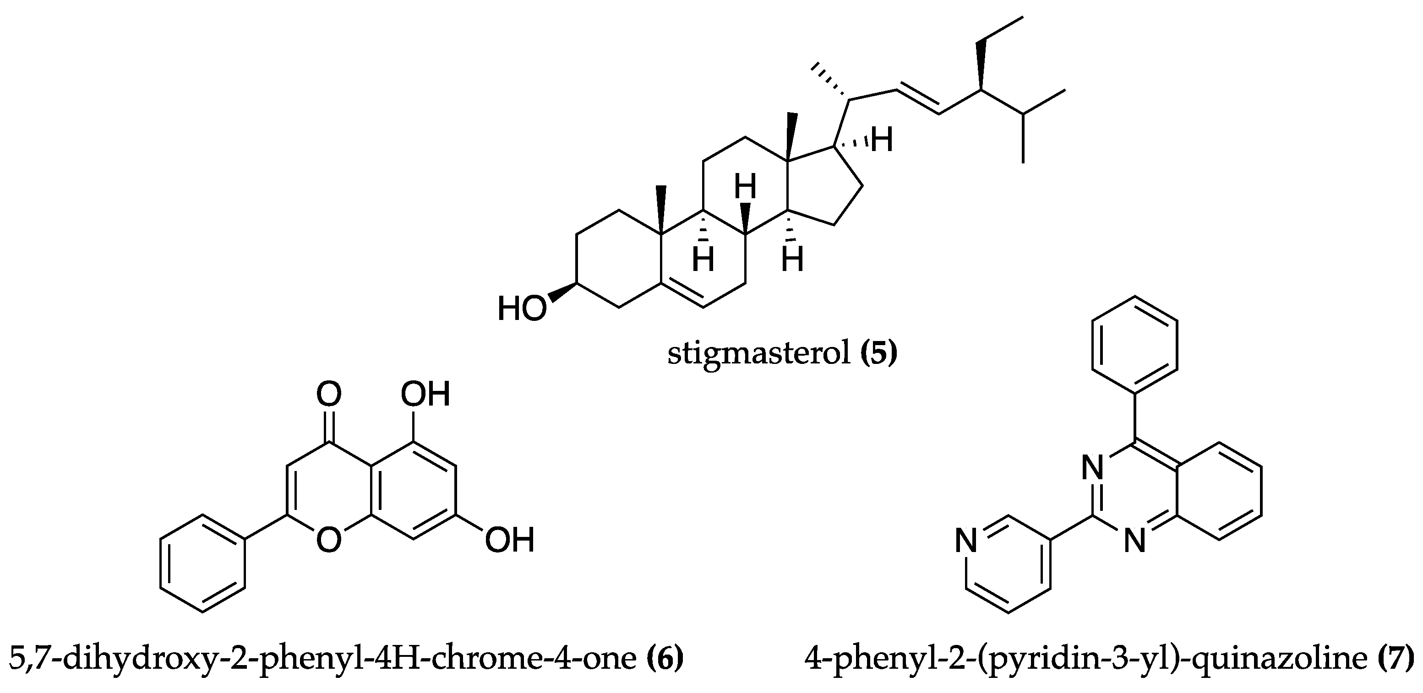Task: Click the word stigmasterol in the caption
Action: click(x=759, y=353)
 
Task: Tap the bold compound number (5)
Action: click(x=879, y=353)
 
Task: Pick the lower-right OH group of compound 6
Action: click(x=509, y=540)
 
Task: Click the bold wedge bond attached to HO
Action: click(x=562, y=292)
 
